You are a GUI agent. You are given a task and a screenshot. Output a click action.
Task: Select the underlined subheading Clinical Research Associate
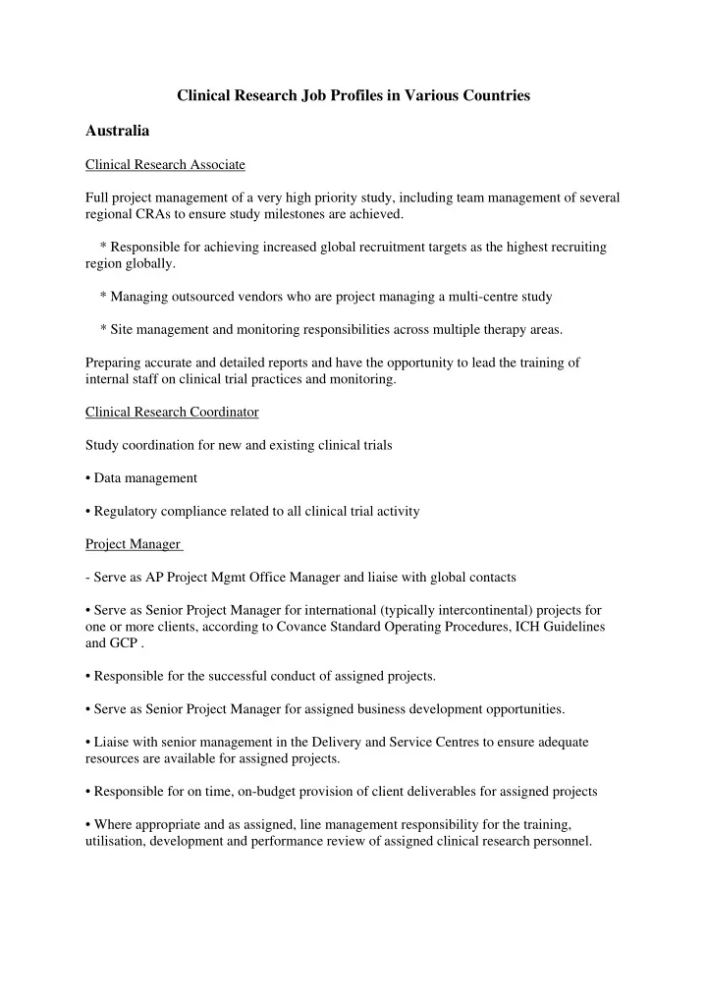[x=165, y=163]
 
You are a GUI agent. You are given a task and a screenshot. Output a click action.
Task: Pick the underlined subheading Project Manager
[x=133, y=543]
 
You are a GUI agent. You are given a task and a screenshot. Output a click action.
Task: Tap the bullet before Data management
[x=89, y=478]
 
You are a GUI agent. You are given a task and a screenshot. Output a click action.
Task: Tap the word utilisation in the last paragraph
[x=115, y=842]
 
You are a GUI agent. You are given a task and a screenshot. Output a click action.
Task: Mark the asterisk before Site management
[x=103, y=329]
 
